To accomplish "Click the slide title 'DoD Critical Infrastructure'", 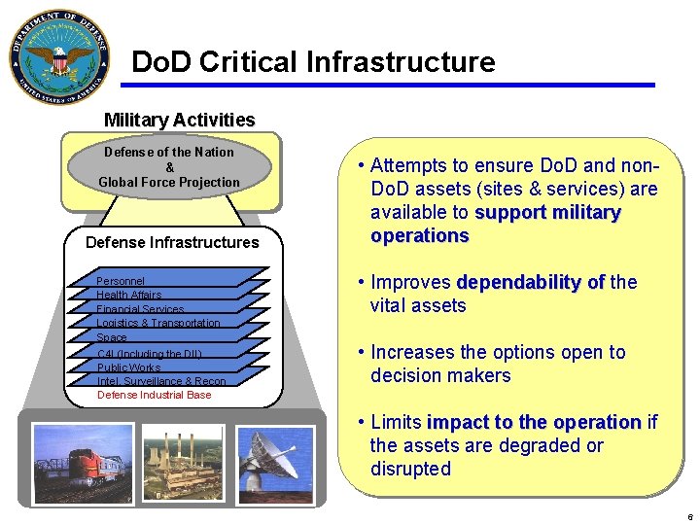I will (313, 62).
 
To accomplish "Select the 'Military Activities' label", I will (179, 121).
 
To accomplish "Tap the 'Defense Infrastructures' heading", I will (172, 242).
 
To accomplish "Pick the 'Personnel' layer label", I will (121, 281).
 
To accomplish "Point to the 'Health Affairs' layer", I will (129, 295).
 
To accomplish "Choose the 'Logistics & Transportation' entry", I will (158, 323).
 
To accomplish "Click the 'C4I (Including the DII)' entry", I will (149, 354).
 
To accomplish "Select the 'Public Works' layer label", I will (128, 367).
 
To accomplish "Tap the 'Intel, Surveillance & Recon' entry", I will (161, 381).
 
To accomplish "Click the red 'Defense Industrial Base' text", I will (154, 395).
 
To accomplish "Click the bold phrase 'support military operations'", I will (495, 225).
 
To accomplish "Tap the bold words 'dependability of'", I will (530, 283).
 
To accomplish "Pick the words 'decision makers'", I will (440, 375).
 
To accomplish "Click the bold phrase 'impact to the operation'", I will (534, 423).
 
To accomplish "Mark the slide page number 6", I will (689, 516).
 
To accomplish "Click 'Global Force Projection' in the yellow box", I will (168, 182).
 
